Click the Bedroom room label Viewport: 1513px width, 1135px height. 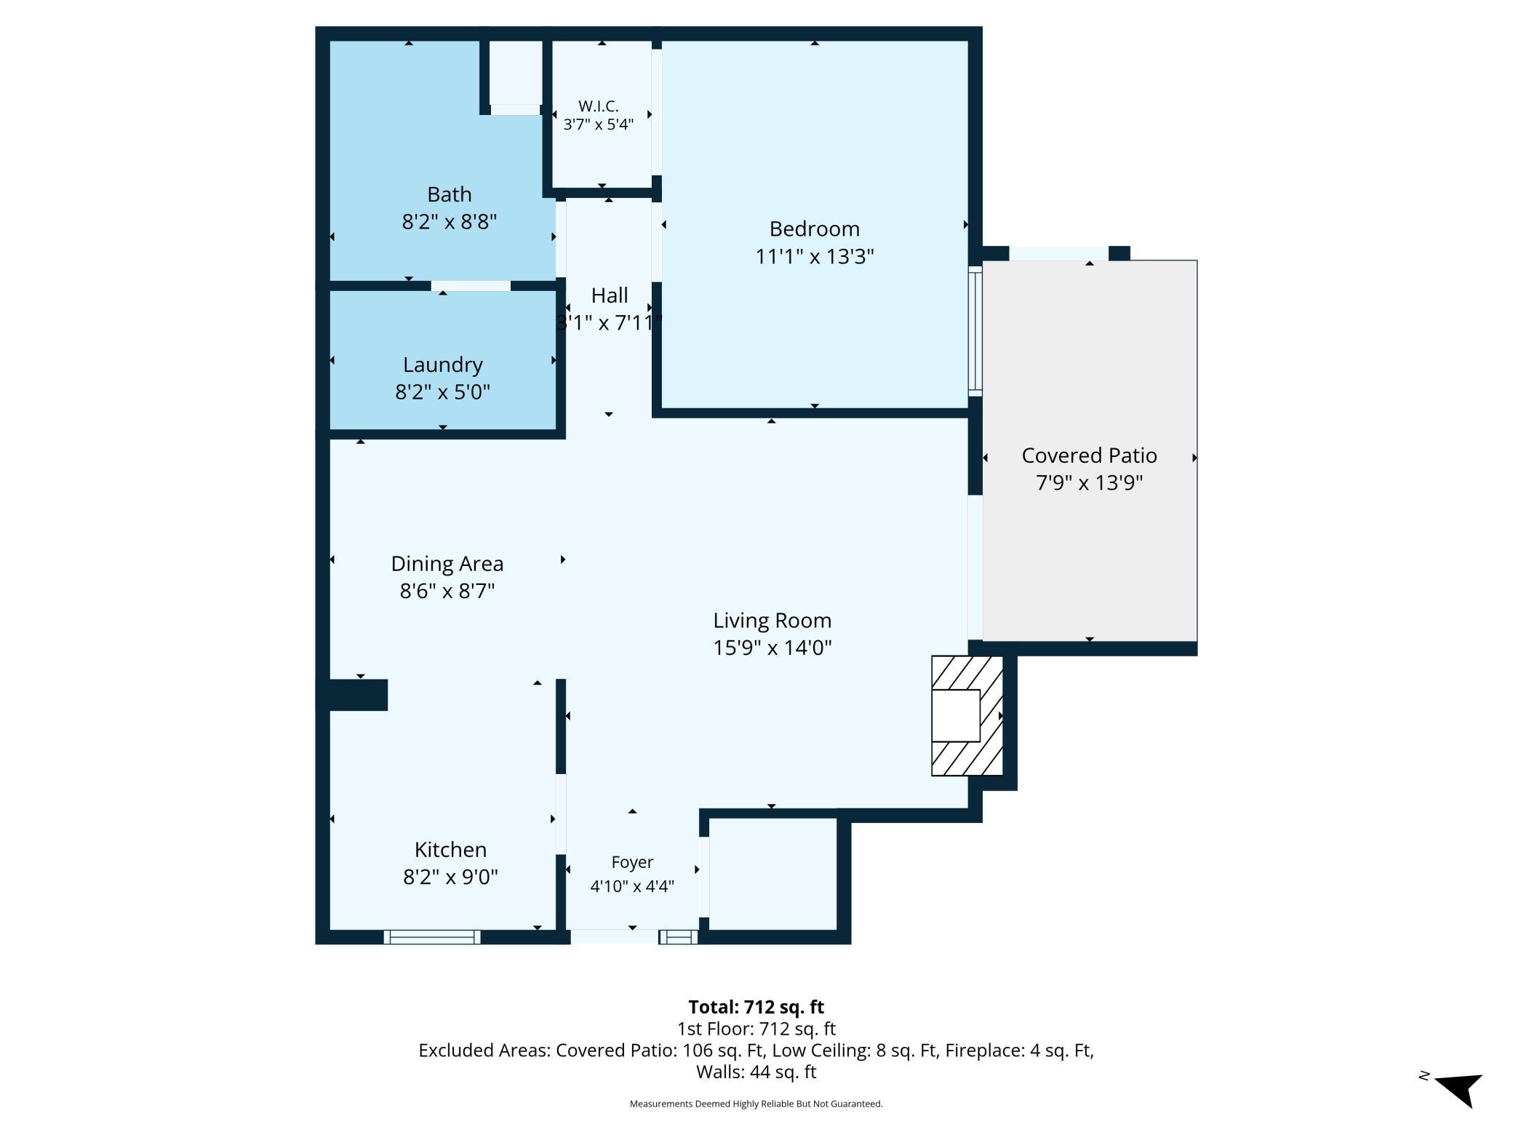[814, 229]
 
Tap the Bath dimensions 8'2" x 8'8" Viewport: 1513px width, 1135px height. [450, 221]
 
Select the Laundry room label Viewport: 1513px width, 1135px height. [443, 365]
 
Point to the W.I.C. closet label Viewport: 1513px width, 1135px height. [599, 106]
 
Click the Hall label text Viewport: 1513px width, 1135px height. [610, 295]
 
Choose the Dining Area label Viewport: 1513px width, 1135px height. [447, 564]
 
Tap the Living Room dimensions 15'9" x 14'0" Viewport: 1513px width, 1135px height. [773, 648]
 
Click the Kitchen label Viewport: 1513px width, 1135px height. [451, 850]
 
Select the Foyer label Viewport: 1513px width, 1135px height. [632, 862]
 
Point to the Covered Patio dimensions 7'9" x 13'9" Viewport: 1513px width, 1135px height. [1090, 482]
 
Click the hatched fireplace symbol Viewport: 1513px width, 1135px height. [967, 716]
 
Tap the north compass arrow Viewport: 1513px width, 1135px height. [1459, 1089]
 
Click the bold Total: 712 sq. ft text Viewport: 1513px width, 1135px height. [756, 1007]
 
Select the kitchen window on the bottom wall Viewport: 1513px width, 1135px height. [432, 937]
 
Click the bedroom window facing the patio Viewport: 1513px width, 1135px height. [975, 331]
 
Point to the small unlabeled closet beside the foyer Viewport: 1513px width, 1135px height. [773, 874]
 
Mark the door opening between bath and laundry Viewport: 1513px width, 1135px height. [471, 286]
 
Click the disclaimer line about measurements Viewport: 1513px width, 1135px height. [756, 1104]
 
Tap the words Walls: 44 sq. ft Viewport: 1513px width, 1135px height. [756, 1072]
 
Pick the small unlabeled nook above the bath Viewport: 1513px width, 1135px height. [515, 72]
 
